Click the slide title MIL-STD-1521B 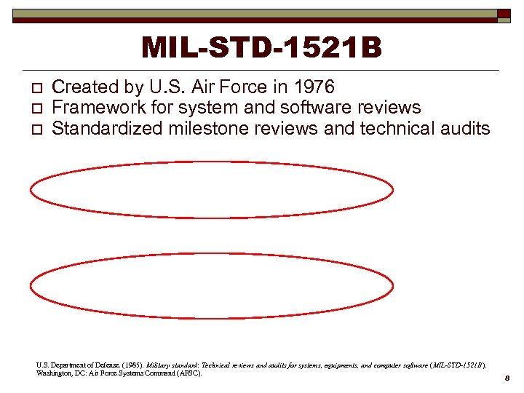tap(261, 48)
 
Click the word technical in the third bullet tap(400, 128)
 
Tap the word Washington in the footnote tap(54, 373)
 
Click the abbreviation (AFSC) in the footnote tap(188, 373)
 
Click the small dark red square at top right tap(504, 14)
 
